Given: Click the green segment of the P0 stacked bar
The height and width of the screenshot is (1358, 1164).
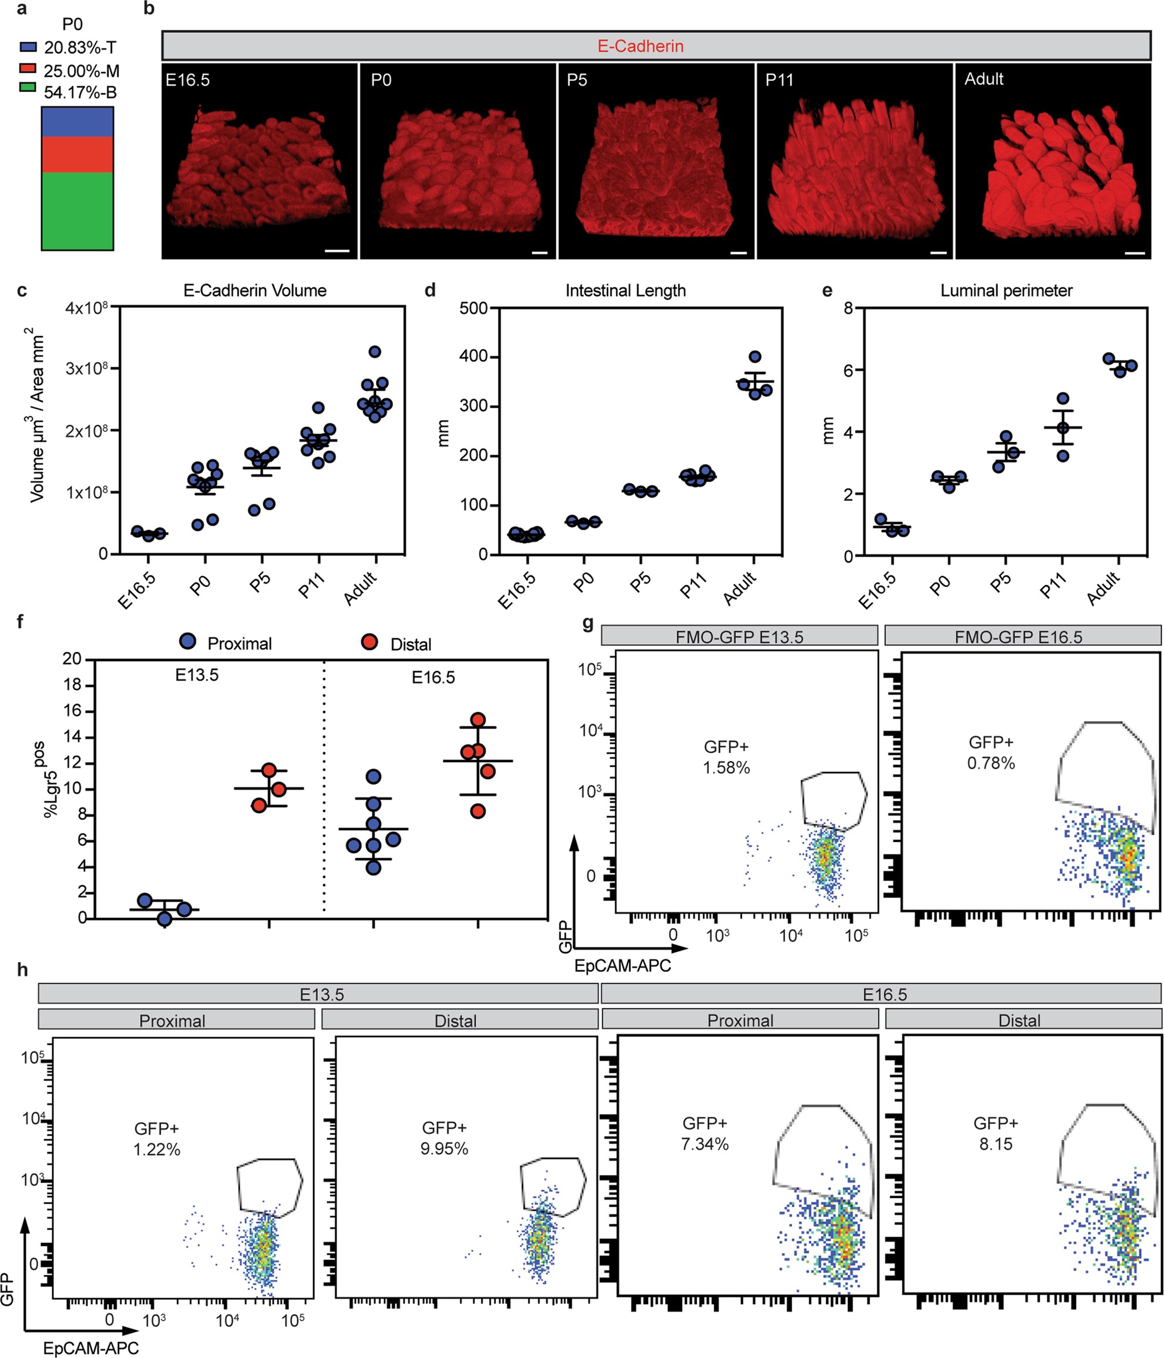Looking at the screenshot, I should (x=77, y=211).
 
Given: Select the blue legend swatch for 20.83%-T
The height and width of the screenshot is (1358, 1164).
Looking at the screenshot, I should (x=28, y=47).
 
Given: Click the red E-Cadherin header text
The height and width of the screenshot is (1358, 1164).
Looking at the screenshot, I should (x=640, y=46).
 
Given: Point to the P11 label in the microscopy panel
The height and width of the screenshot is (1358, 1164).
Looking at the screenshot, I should (x=779, y=80).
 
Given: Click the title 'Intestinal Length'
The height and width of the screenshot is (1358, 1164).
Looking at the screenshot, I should (x=625, y=290).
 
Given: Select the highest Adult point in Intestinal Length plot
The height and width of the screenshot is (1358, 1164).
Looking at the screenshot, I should (x=755, y=357).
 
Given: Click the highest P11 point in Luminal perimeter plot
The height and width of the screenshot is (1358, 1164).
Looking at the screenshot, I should (x=1063, y=398).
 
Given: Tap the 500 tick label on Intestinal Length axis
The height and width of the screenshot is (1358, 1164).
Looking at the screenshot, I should (x=474, y=308).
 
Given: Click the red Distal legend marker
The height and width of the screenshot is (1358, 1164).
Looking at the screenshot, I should (x=369, y=642).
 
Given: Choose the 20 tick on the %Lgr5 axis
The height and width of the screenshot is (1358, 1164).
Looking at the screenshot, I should (x=72, y=659).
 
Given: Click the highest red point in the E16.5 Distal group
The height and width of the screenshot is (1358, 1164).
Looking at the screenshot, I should (x=477, y=719).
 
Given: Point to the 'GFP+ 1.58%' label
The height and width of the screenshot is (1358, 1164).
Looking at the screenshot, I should (x=726, y=757).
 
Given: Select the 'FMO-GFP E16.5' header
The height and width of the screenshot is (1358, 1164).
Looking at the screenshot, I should (x=1018, y=636).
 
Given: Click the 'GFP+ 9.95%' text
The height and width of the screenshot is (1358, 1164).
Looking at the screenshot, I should (x=444, y=1138).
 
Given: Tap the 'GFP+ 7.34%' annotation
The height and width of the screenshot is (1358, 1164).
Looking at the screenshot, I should (x=704, y=1133).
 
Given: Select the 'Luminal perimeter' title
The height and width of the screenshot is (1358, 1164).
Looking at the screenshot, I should (x=1006, y=290).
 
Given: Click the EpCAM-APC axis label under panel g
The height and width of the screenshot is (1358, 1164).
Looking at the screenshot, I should (x=622, y=966).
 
